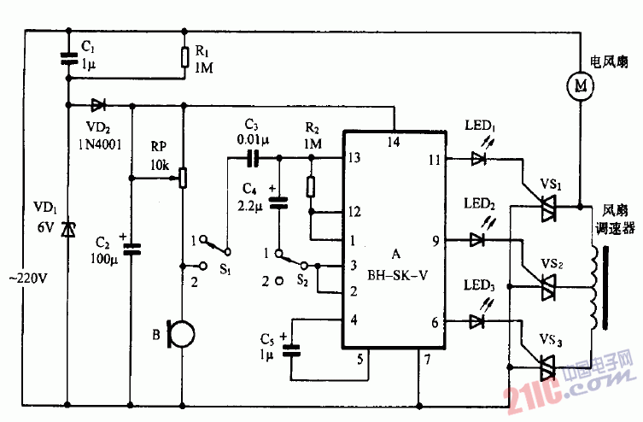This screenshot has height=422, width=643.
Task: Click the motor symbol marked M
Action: click(582, 84)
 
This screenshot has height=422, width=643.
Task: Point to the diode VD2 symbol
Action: click(99, 106)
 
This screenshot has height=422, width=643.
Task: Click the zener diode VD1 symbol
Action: click(67, 227)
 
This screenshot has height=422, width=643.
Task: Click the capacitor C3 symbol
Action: click(253, 158)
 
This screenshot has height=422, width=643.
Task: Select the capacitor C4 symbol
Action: click(278, 202)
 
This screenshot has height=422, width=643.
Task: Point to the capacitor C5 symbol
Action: click(291, 348)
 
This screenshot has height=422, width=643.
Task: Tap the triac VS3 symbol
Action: click(544, 366)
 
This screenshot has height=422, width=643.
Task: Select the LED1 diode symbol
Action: click(479, 158)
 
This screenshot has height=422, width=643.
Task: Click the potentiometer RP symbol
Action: click(183, 179)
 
